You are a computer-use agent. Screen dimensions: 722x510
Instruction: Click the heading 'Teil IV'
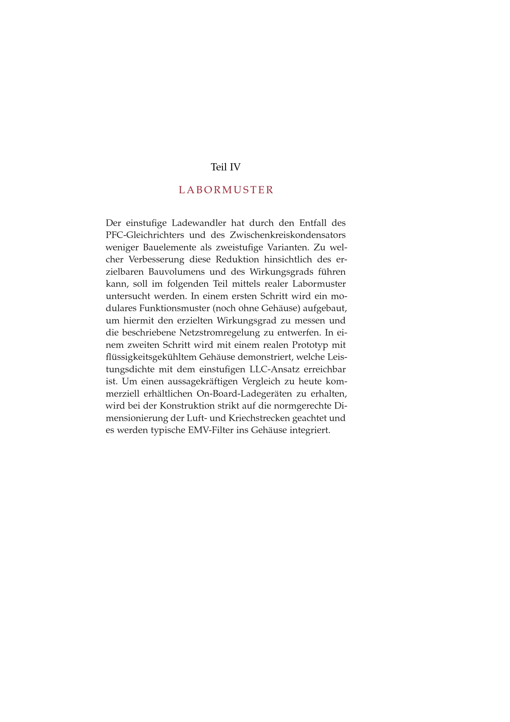pos(225,167)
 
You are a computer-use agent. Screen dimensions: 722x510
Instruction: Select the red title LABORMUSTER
pos(226,190)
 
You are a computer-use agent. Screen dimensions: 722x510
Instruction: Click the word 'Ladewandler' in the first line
pos(199,223)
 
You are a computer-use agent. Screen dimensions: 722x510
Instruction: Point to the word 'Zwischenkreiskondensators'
pos(288,235)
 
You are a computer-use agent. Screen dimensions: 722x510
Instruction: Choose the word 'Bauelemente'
pos(170,247)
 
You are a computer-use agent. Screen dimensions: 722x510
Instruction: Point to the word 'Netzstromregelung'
pos(220,333)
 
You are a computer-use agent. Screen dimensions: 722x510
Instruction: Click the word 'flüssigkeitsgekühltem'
pos(151,357)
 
